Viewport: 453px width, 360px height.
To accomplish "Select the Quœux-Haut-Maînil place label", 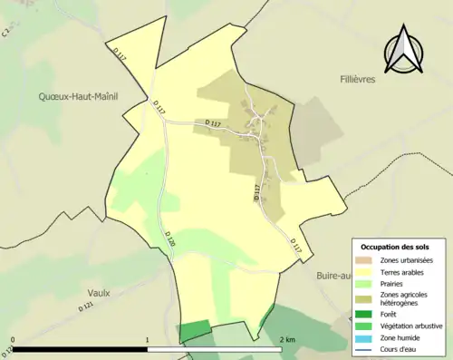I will pyautogui.click(x=79, y=94).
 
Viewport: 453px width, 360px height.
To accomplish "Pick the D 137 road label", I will pyautogui.click(x=214, y=123).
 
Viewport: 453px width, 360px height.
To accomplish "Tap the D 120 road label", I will pyautogui.click(x=169, y=238).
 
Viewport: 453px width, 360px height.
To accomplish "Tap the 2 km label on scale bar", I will pyautogui.click(x=288, y=340).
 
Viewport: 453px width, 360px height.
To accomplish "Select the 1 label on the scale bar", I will pyautogui.click(x=147, y=340).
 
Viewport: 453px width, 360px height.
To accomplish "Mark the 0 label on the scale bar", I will pyautogui.click(x=14, y=340).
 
